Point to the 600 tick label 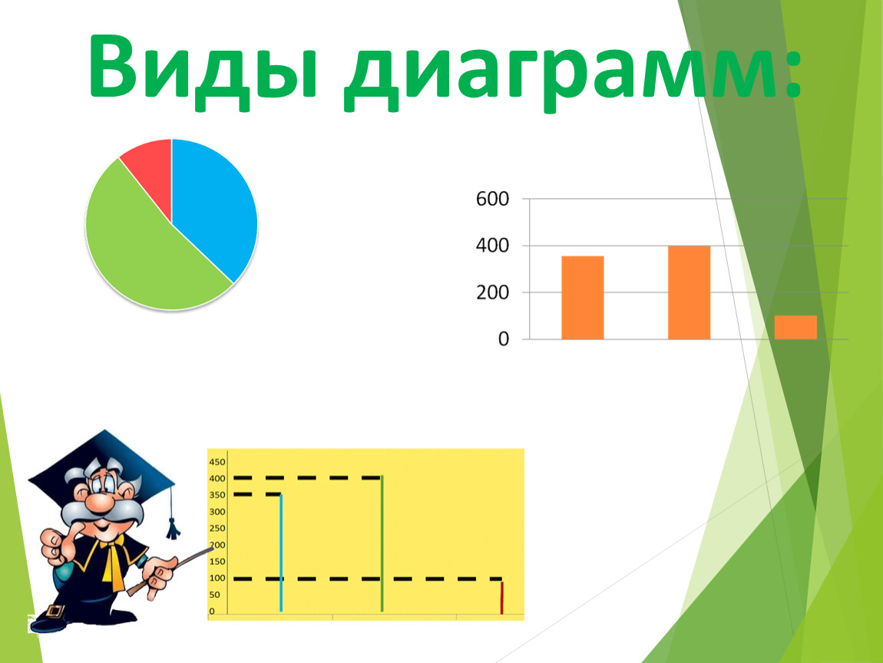[x=492, y=199]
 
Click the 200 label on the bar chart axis [x=492, y=292]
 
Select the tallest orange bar [x=689, y=292]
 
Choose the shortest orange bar [x=795, y=328]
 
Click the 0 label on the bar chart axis [x=504, y=339]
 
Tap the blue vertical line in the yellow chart [x=281, y=552]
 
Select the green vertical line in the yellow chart [x=382, y=544]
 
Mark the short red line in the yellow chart [x=501, y=598]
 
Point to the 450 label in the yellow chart [x=217, y=462]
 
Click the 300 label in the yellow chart [x=217, y=512]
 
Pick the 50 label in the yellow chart [x=214, y=595]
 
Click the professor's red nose [x=100, y=502]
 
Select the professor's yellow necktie [x=113, y=562]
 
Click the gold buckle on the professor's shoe [x=54, y=611]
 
